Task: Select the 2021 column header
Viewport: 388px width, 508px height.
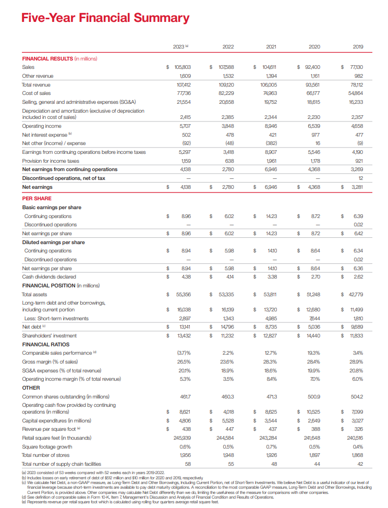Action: click(271, 47)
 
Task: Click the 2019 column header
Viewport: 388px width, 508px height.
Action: click(358, 47)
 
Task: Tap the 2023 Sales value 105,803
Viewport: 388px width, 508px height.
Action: click(183, 67)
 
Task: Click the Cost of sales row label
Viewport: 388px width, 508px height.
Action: click(36, 92)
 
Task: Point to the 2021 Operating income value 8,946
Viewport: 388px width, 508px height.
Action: click(270, 126)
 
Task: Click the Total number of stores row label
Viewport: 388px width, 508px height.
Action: click(46, 455)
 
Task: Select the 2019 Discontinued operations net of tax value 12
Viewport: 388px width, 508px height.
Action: click(360, 178)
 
